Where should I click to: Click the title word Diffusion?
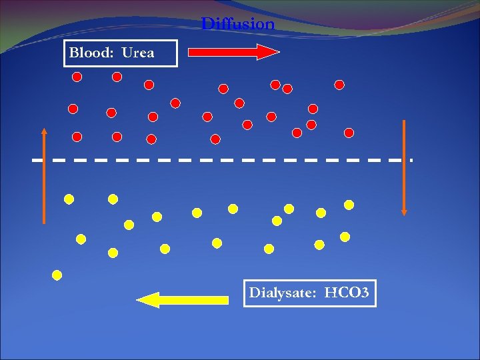point(238,25)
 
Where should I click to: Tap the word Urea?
point(138,53)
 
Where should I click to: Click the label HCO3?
point(347,293)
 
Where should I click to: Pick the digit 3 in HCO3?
point(364,293)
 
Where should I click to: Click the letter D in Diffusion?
point(207,25)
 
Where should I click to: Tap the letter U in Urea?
point(127,53)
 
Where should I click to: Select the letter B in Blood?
point(73,53)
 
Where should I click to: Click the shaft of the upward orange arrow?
point(44,180)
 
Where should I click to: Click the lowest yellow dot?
point(57,275)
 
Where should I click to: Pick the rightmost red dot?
point(349,133)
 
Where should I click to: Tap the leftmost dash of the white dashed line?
point(38,161)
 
